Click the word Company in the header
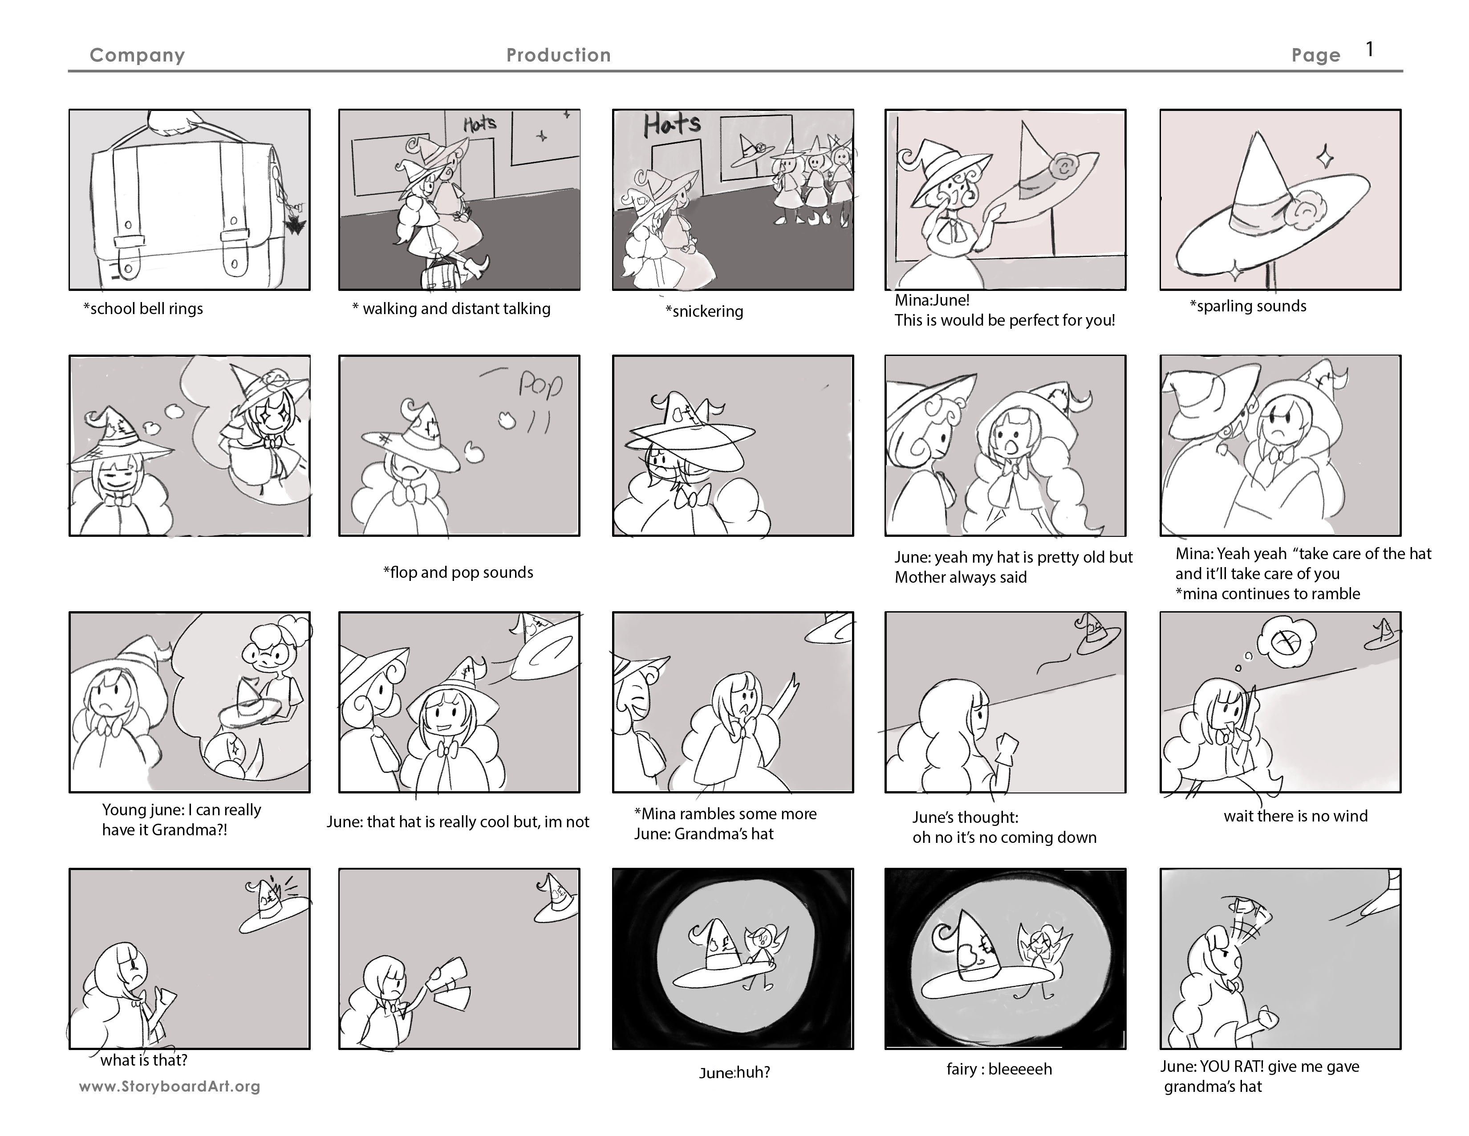pos(137,55)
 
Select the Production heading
pos(558,55)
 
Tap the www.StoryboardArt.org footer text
pos(170,1086)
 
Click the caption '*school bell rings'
pos(142,309)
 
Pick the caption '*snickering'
pos(704,311)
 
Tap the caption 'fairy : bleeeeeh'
pos(999,1069)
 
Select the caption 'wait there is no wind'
pos(1295,816)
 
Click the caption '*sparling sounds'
pos(1248,306)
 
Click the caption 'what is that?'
pos(144,1061)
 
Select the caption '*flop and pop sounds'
pos(458,573)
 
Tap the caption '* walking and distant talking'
pos(451,309)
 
